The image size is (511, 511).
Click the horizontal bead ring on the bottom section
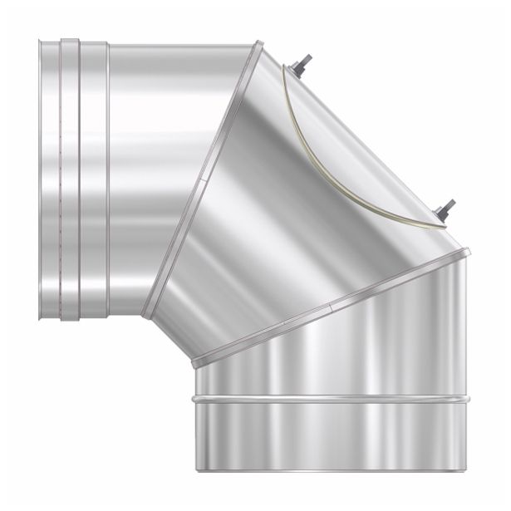tap(332, 400)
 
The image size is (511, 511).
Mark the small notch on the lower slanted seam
tap(330, 307)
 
